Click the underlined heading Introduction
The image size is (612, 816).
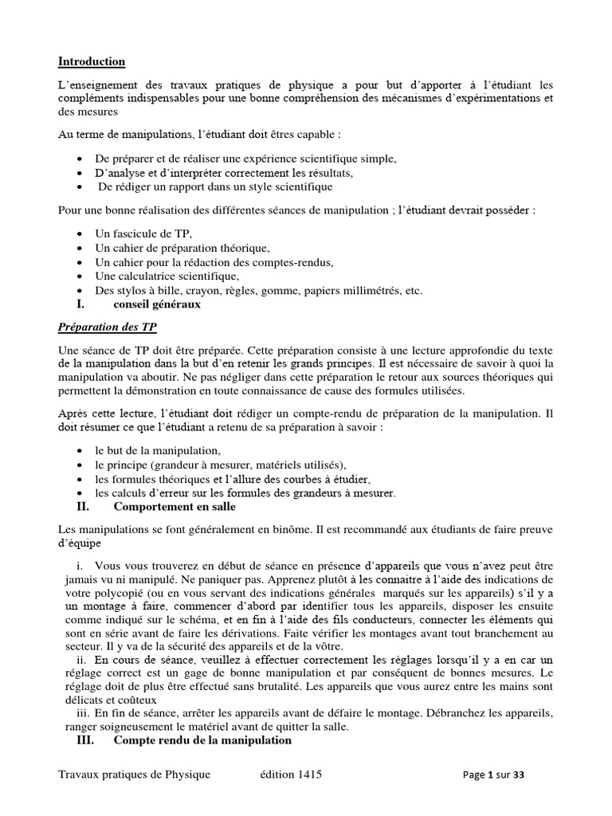[92, 61]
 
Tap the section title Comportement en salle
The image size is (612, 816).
[175, 506]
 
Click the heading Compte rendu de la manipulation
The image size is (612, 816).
[202, 740]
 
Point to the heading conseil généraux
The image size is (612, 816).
[157, 304]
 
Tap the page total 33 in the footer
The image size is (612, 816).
[519, 775]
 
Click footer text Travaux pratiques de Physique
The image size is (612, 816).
[135, 775]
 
